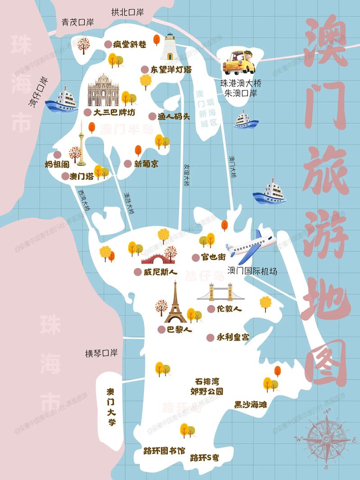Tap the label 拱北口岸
(x=127, y=12)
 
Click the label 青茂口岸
(x=77, y=22)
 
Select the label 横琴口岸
(x=101, y=353)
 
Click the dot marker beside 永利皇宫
(x=210, y=337)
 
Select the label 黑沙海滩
(x=250, y=404)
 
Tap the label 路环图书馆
(x=164, y=450)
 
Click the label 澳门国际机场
(x=252, y=271)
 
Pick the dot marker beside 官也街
(x=195, y=257)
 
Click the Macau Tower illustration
(x=81, y=143)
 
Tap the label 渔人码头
(x=174, y=116)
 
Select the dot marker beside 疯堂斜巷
(x=108, y=44)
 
